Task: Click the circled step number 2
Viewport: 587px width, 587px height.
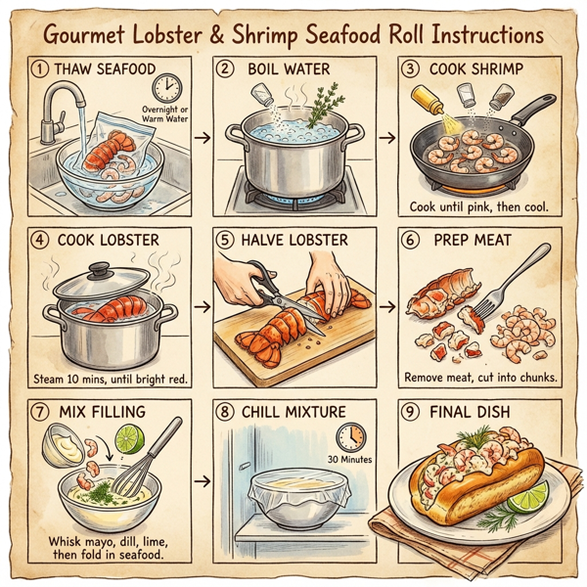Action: coord(225,69)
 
